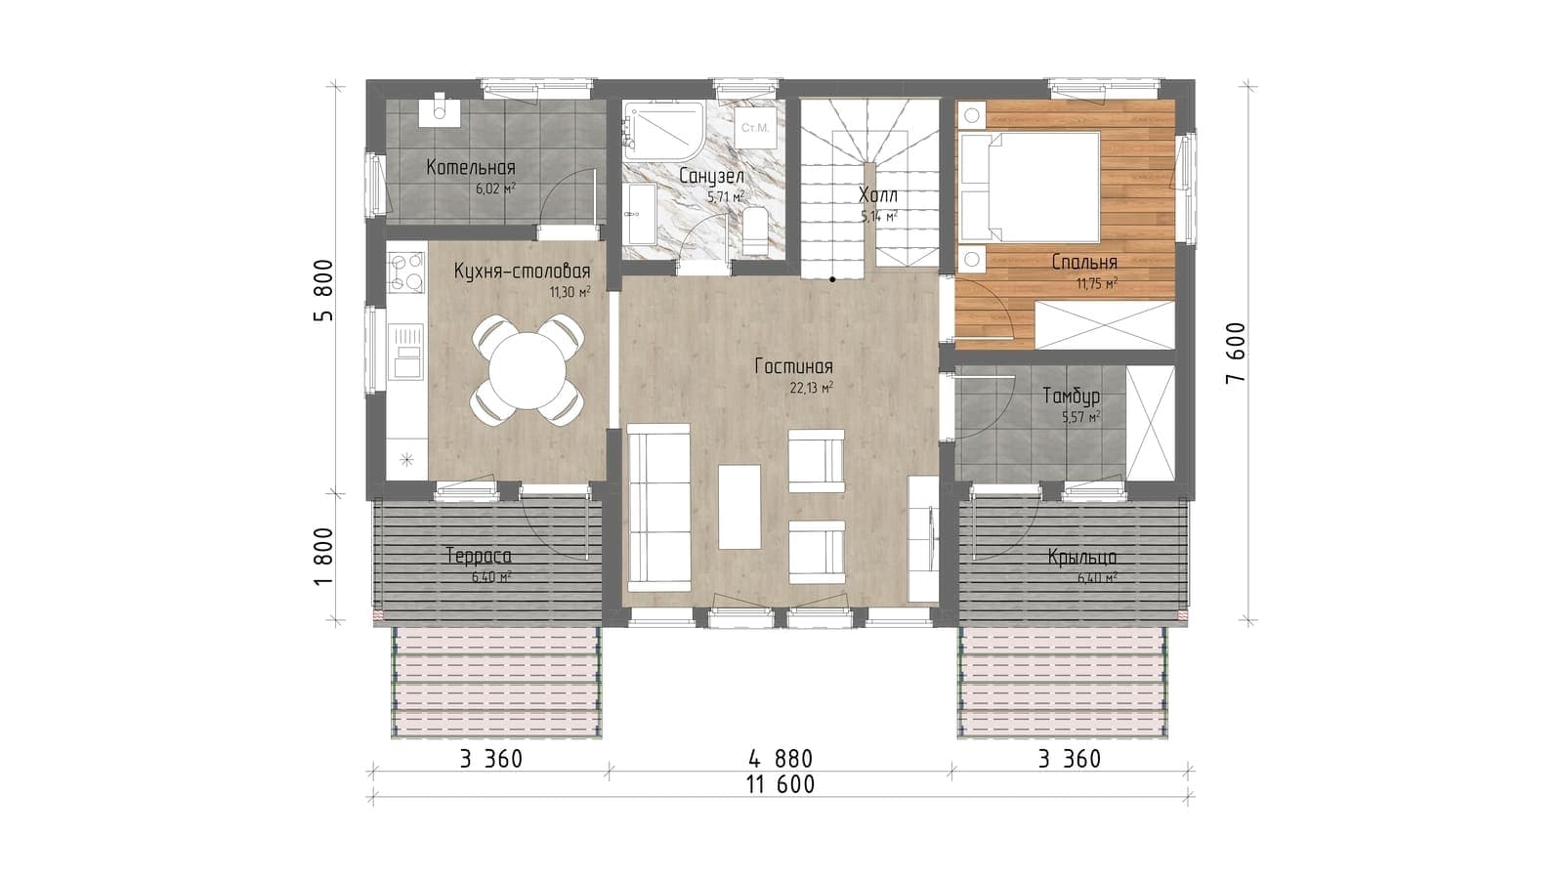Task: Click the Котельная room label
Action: point(471,167)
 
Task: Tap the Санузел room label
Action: point(712,177)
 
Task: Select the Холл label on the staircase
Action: point(878,194)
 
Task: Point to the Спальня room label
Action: point(1084,263)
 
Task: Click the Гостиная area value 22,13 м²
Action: point(812,388)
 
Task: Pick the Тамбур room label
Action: point(1072,397)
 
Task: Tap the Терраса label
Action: point(479,556)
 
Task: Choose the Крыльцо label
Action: point(1082,558)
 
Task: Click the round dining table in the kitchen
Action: point(528,370)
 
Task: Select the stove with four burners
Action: point(406,272)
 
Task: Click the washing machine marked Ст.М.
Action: point(755,128)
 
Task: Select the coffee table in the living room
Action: point(739,507)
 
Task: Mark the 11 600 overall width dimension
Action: point(781,785)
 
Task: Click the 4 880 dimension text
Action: point(781,758)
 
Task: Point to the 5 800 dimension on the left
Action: point(323,290)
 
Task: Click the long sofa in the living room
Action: point(659,508)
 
